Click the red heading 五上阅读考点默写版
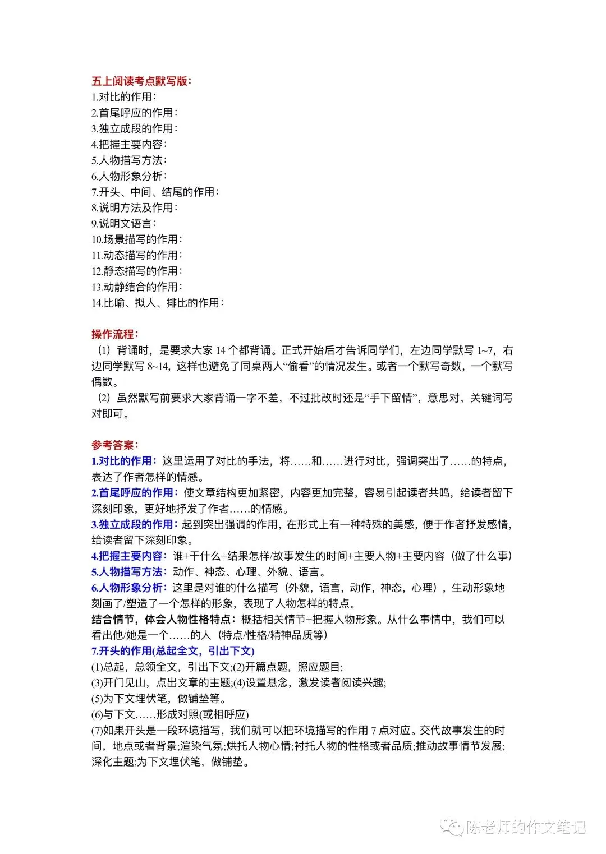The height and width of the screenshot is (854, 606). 141,81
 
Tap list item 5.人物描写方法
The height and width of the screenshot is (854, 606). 128,160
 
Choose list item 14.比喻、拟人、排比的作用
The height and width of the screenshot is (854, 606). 157,303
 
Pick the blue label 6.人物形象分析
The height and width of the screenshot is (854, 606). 129,588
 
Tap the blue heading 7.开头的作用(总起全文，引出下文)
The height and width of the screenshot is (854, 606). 173,651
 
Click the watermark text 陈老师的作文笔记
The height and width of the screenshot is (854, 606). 525,827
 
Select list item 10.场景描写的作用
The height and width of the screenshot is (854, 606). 136,239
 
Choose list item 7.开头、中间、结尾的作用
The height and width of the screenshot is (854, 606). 155,192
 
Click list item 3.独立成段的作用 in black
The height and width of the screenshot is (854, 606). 134,128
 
